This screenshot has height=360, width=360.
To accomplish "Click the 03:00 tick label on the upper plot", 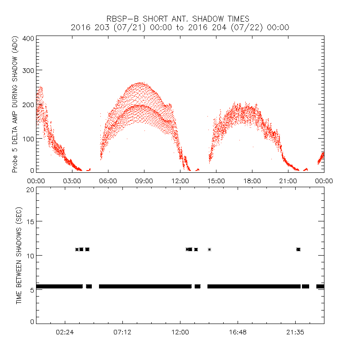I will click(x=72, y=180).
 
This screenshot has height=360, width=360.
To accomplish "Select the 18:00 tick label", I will click(x=252, y=180).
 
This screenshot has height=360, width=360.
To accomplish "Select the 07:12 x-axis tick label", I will click(x=122, y=332).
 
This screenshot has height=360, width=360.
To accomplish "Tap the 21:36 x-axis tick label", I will click(x=295, y=332).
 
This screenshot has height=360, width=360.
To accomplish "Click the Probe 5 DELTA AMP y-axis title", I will click(x=15, y=105).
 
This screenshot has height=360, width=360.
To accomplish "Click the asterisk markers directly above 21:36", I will click(x=298, y=249).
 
